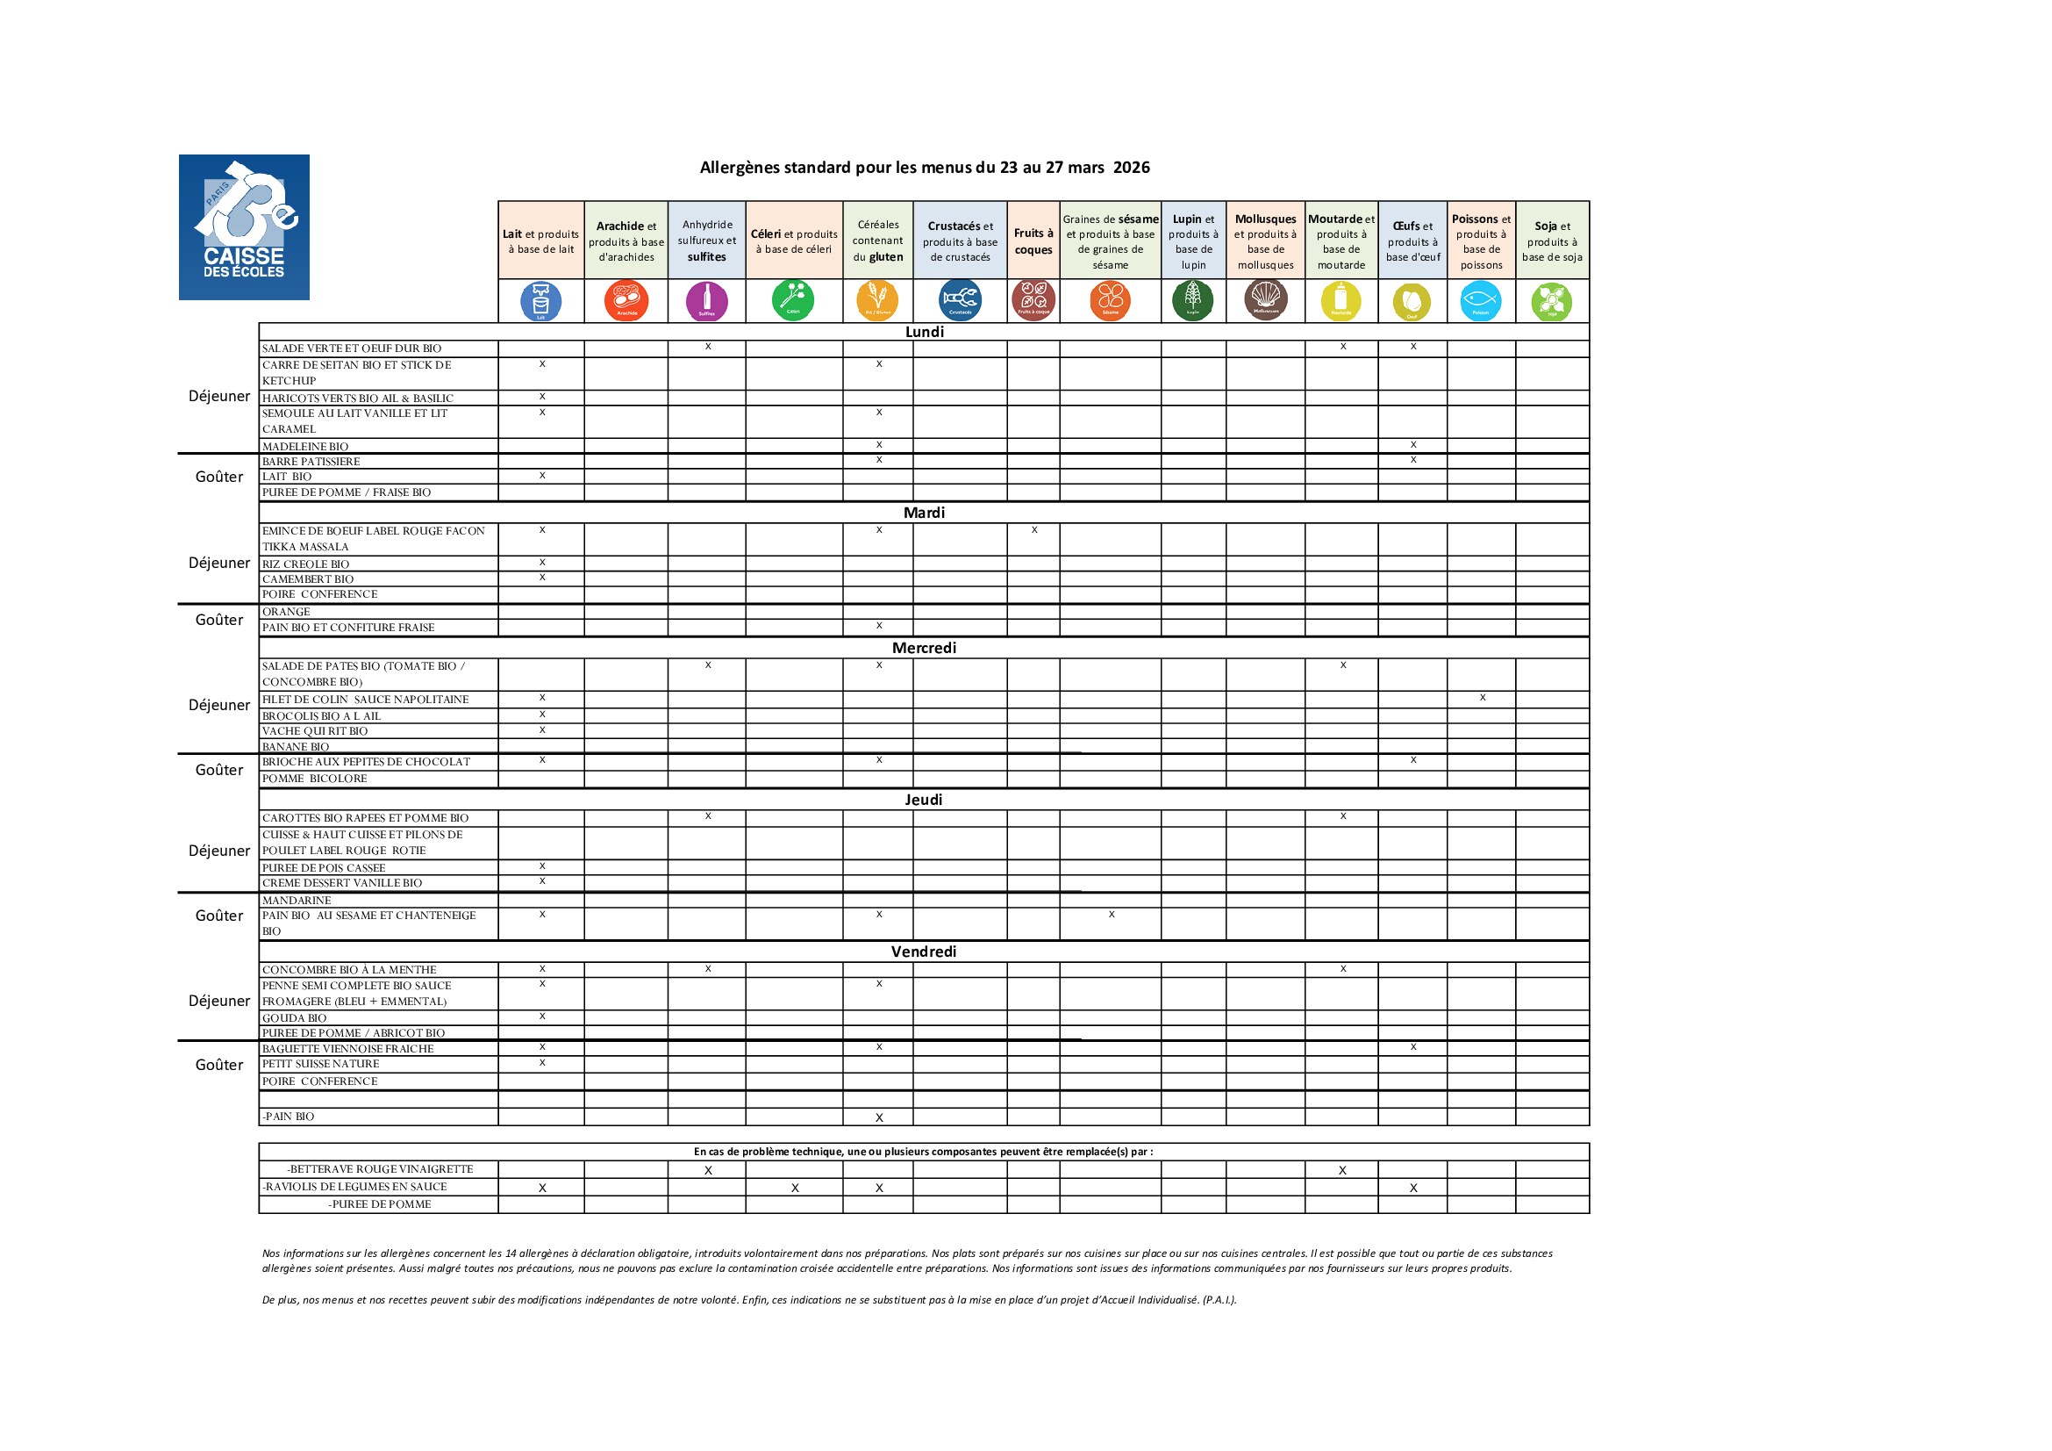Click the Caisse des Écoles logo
(x=244, y=227)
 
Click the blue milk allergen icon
(x=540, y=300)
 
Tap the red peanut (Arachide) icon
(x=626, y=300)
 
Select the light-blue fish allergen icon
(x=1480, y=300)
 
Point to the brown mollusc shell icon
(x=1265, y=300)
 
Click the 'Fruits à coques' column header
(x=1033, y=241)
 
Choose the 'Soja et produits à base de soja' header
(x=1552, y=241)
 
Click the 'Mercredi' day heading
(x=923, y=648)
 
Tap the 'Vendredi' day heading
(x=923, y=952)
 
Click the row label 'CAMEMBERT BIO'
(x=307, y=579)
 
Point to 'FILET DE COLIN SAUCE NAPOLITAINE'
(x=365, y=699)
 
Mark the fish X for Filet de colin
(x=1482, y=697)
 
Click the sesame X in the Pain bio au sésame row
(x=1111, y=915)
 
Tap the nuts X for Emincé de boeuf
(x=1034, y=530)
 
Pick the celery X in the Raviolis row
(x=795, y=1189)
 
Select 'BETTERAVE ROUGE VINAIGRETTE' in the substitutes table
(x=380, y=1169)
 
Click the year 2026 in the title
(x=1131, y=167)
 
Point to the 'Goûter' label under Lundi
(x=219, y=477)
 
